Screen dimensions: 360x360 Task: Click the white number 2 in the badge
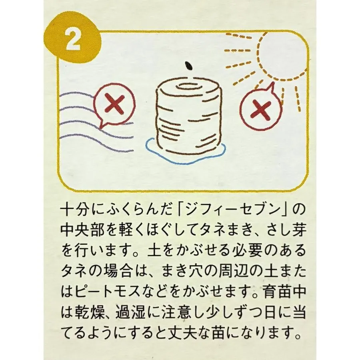click(x=73, y=40)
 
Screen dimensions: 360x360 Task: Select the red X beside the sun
click(x=260, y=110)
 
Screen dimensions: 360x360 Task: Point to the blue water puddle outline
click(x=186, y=158)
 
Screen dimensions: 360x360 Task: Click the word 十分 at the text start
click(x=76, y=210)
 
